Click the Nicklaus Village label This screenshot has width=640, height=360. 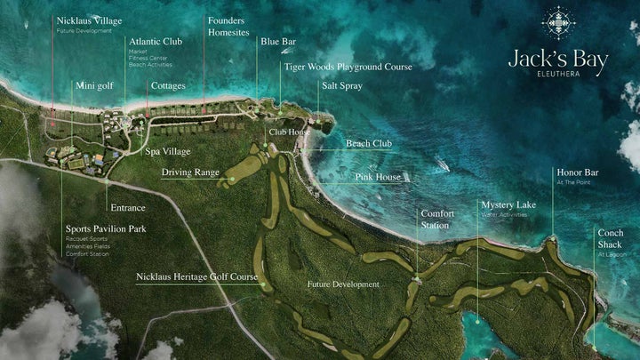[89, 20]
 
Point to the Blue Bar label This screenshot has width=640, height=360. [277, 41]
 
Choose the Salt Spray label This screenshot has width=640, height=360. [342, 86]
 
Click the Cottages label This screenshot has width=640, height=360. [168, 86]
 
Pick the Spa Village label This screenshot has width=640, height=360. [168, 151]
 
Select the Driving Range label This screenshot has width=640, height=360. [190, 172]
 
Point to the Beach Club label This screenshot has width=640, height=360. [368, 143]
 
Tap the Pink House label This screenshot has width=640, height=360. [378, 177]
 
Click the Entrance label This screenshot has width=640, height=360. [127, 208]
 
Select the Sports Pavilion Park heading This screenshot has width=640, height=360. [106, 228]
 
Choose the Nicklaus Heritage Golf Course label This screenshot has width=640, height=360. [196, 276]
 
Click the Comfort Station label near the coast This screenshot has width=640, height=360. [437, 220]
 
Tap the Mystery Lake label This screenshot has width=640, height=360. [508, 205]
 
